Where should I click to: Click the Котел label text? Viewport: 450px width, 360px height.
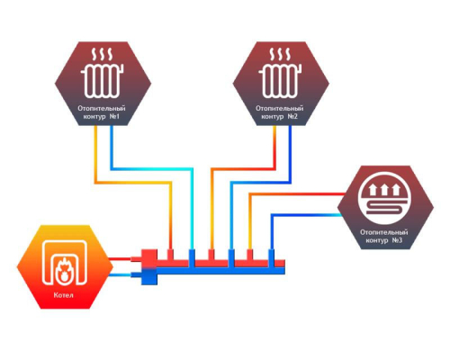pos(64,295)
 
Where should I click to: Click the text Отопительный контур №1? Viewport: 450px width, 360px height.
pos(102,112)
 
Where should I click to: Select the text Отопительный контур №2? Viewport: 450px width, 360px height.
pos(280,112)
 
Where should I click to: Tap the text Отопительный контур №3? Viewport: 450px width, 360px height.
pos(384,237)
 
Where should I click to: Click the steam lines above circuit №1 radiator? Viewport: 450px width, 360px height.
pos(103,54)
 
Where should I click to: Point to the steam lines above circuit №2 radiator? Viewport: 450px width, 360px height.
pos(280,54)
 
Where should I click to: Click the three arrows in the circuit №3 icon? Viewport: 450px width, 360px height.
pos(385,190)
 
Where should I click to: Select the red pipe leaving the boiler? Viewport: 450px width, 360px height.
pos(120,259)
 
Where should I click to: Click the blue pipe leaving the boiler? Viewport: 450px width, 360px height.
pos(120,275)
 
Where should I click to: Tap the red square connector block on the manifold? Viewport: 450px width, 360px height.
pos(149,258)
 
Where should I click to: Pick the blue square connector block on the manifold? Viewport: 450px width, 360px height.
pos(149,276)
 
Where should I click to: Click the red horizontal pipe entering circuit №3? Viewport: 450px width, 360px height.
pos(298,194)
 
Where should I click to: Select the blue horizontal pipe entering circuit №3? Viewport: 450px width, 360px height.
pos(307,215)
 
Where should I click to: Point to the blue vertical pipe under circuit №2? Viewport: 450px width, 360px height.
pos(290,154)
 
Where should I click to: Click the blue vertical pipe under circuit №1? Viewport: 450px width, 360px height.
pos(112,148)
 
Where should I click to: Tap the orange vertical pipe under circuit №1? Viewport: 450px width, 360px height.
pos(95,154)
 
